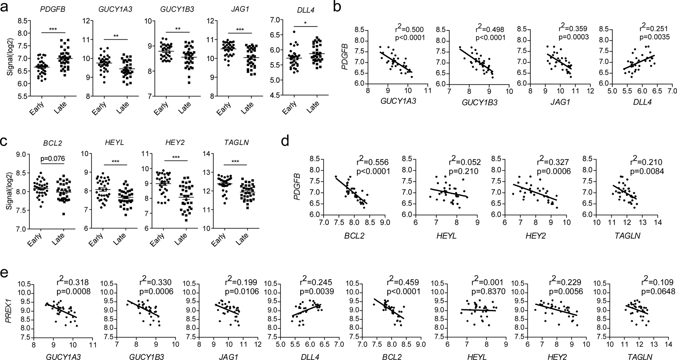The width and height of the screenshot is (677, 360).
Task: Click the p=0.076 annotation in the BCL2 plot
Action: click(52, 158)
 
